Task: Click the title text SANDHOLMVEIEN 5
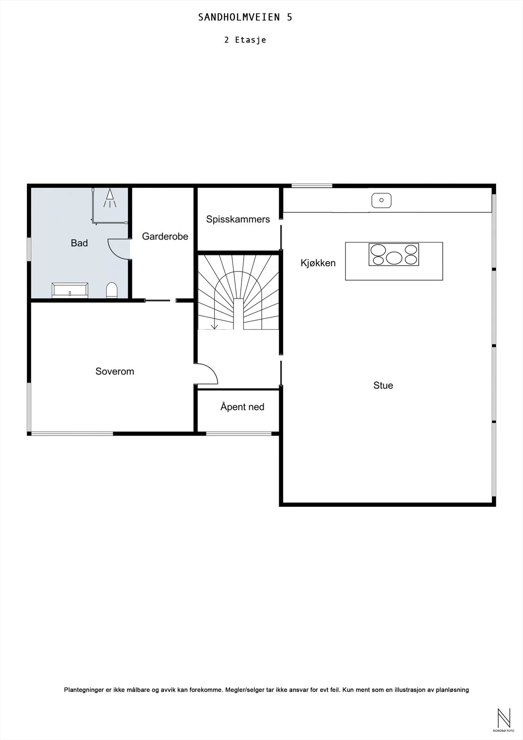[x=245, y=17]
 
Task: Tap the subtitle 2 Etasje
[x=245, y=40]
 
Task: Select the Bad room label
[x=79, y=243]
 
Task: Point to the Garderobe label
[x=165, y=236]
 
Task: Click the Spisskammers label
[x=238, y=219]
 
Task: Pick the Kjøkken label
[x=318, y=263]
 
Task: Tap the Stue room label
[x=383, y=386]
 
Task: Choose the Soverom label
[x=115, y=371]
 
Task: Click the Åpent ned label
[x=242, y=407]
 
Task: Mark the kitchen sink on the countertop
[x=381, y=200]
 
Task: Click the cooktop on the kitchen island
[x=394, y=254]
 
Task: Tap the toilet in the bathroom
[x=111, y=290]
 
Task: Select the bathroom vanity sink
[x=70, y=290]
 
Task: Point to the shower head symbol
[x=110, y=198]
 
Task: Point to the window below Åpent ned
[x=239, y=433]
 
